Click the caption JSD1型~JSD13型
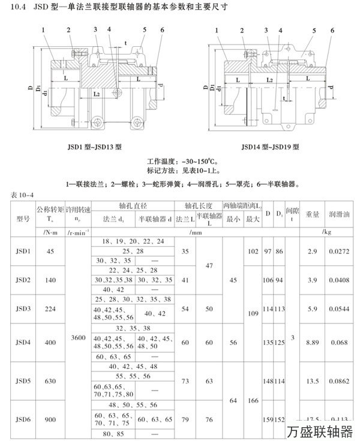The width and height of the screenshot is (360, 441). (x=94, y=146)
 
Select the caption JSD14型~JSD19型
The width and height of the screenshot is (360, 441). (x=270, y=146)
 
